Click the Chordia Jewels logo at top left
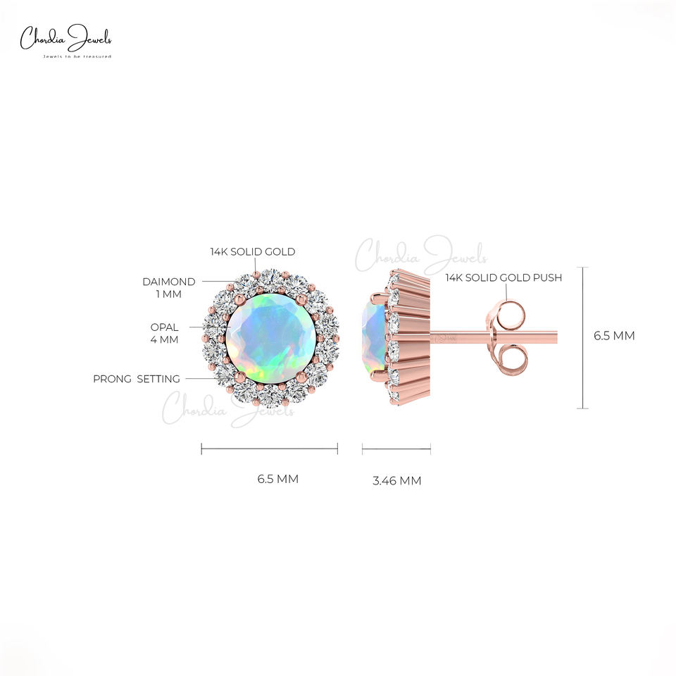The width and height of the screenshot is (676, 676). coord(66,41)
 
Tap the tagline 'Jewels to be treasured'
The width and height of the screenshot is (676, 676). coord(77,56)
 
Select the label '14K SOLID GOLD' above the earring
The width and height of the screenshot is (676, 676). coord(253,252)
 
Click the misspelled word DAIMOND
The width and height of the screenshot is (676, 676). coord(168,282)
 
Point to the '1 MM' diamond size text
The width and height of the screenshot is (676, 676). coord(168,294)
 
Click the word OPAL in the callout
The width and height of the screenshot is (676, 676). coord(164,327)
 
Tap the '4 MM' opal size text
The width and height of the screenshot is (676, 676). coord(164,339)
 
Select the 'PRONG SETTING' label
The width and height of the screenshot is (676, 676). coord(136,379)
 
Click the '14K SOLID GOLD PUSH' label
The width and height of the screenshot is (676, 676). coord(503,277)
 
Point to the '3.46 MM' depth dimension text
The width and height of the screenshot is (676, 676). coord(396,481)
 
